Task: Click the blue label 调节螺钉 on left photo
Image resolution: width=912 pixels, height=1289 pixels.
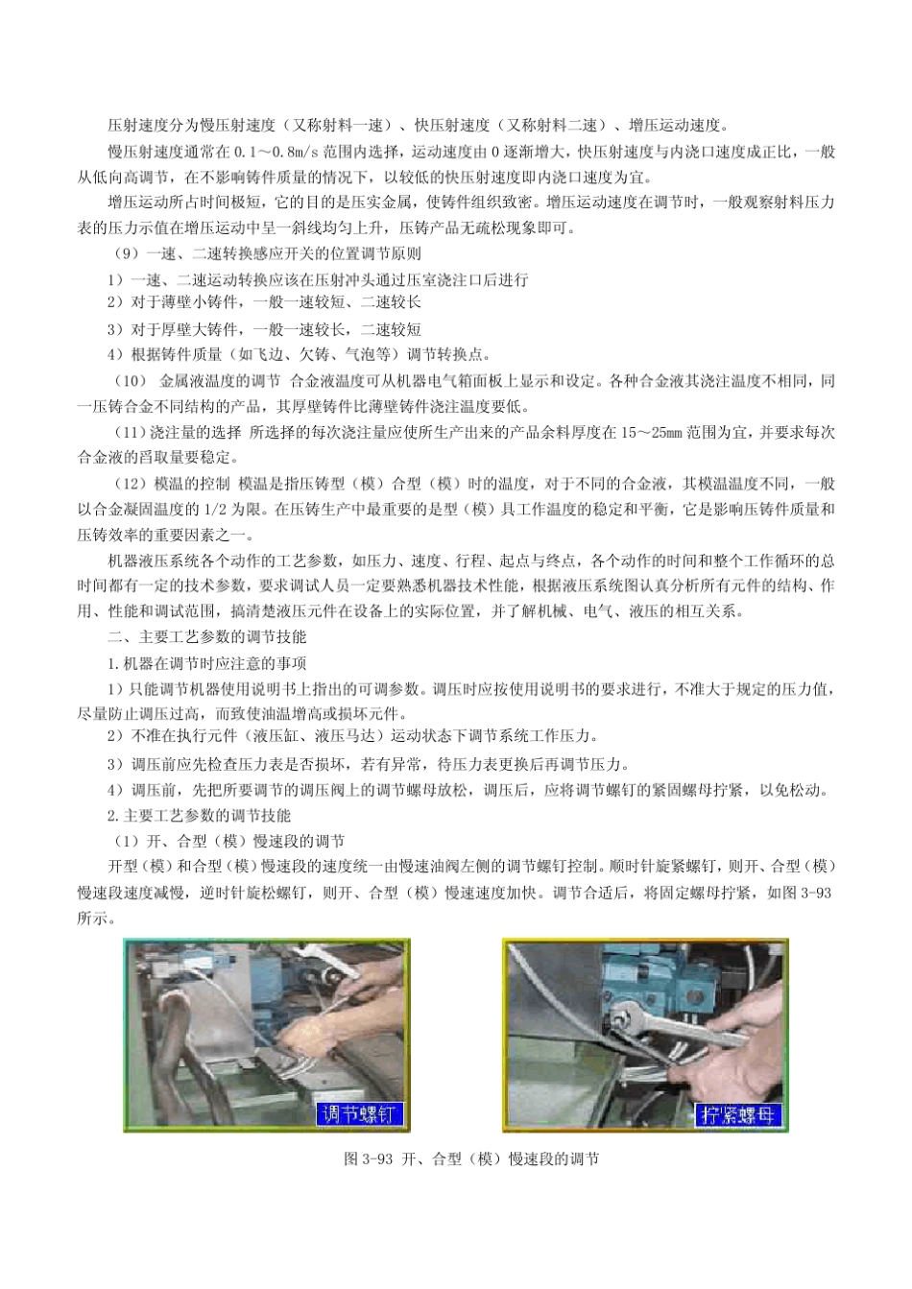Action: click(360, 1114)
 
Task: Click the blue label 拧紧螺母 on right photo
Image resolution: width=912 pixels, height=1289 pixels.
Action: click(740, 1115)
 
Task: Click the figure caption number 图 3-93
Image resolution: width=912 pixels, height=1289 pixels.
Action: click(369, 1158)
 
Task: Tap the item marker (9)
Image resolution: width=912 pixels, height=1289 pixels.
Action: click(125, 253)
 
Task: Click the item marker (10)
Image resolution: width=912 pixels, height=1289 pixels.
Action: click(130, 381)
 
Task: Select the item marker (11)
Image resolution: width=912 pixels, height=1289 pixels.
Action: click(130, 433)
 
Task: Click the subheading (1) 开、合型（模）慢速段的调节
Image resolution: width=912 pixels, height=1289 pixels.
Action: click(228, 842)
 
